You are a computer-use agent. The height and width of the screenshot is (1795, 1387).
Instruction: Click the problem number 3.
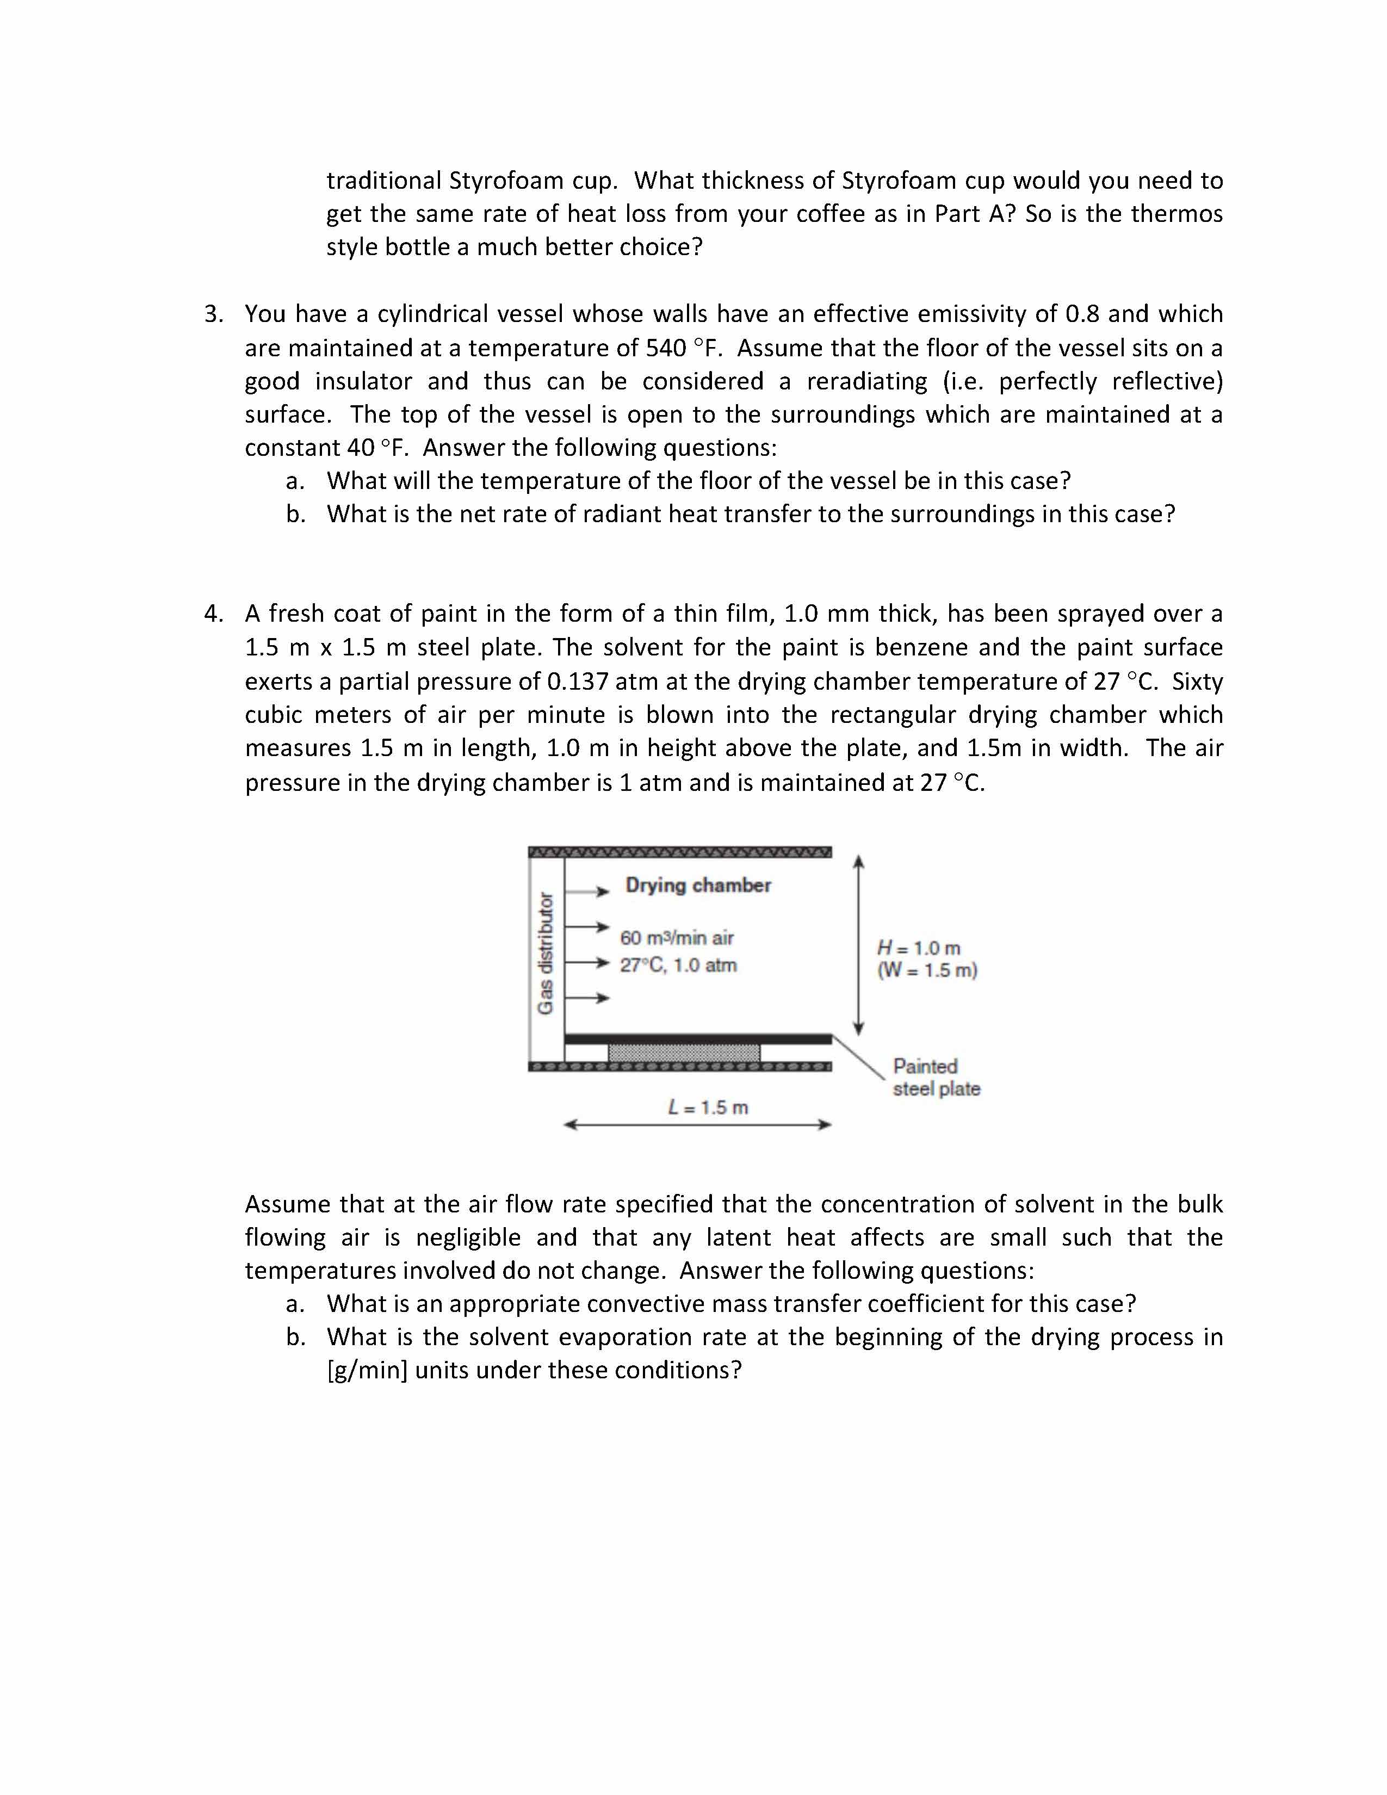[212, 314]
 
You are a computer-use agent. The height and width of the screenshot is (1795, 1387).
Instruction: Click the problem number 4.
[212, 614]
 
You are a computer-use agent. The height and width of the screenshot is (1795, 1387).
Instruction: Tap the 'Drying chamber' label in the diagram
[698, 885]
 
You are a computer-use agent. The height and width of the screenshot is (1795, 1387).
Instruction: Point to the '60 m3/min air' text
[676, 938]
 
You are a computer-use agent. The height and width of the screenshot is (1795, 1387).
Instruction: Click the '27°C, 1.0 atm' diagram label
[678, 965]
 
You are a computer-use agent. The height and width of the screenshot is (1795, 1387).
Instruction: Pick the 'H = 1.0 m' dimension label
[919, 949]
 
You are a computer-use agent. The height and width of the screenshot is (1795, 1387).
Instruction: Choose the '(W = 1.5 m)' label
[927, 970]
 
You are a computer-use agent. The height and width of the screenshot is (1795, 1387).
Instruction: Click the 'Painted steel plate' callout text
[936, 1078]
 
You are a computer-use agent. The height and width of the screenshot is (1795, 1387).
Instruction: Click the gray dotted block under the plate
[684, 1054]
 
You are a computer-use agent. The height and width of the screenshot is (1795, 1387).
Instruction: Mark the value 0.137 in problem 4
[578, 682]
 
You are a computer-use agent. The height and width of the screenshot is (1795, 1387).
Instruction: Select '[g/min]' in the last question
[367, 1370]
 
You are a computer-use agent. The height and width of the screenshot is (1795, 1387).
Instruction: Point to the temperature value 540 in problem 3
[666, 349]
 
